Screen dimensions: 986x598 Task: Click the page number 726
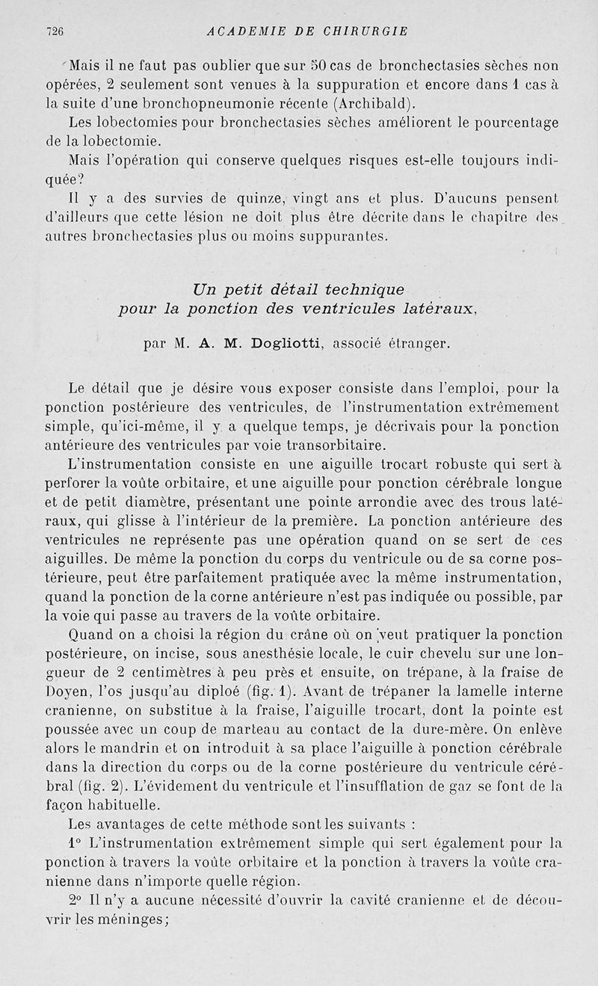(x=53, y=31)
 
